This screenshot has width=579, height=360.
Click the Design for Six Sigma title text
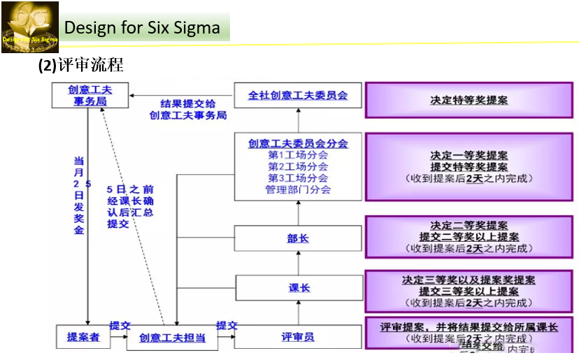click(x=142, y=28)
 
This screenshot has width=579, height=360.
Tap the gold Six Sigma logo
click(x=29, y=27)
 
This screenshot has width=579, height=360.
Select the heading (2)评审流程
click(x=80, y=65)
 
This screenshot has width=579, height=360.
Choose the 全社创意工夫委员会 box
click(x=298, y=95)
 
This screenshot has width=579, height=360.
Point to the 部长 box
click(x=298, y=238)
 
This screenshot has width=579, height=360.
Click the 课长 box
click(x=298, y=287)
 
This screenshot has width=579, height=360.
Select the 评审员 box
click(x=298, y=338)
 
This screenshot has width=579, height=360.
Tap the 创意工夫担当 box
click(x=172, y=338)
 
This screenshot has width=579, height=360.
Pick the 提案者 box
click(x=83, y=337)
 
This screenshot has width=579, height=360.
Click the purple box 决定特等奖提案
click(x=469, y=100)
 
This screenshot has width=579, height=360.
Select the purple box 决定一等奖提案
click(x=469, y=166)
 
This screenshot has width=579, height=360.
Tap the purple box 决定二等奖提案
click(x=469, y=236)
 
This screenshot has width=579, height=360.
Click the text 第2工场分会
click(x=298, y=166)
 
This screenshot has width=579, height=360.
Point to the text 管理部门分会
click(x=298, y=189)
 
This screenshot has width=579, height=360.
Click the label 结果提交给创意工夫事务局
click(x=188, y=109)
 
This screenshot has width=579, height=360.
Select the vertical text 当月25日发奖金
click(x=79, y=196)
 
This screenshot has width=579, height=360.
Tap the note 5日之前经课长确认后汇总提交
click(x=130, y=206)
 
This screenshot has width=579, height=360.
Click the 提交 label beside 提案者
click(x=120, y=326)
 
